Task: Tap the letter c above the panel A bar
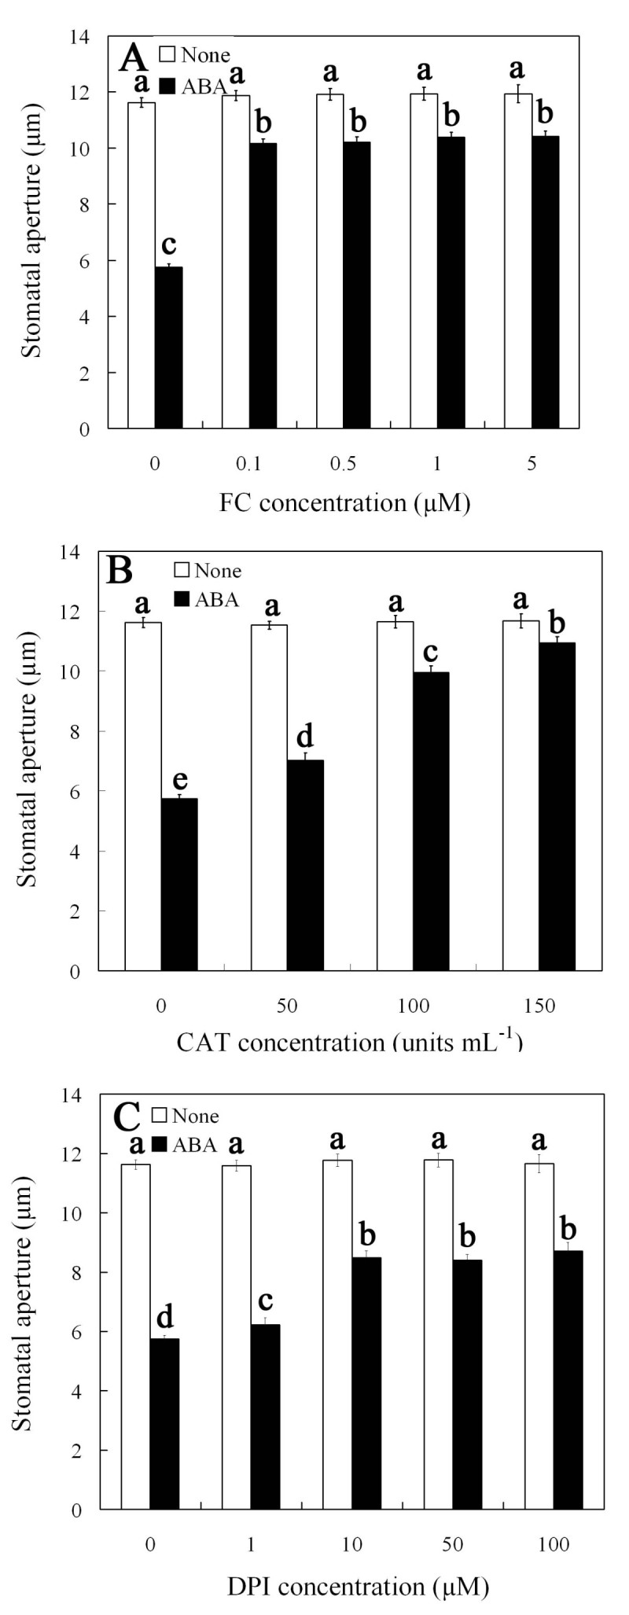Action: pyautogui.click(x=167, y=244)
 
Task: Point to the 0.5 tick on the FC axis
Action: pyautogui.click(x=343, y=464)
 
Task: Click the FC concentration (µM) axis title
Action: pyautogui.click(x=344, y=503)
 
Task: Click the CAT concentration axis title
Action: pyautogui.click(x=348, y=1043)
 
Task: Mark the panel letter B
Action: pyautogui.click(x=119, y=571)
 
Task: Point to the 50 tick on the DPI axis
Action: pyautogui.click(x=453, y=1545)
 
